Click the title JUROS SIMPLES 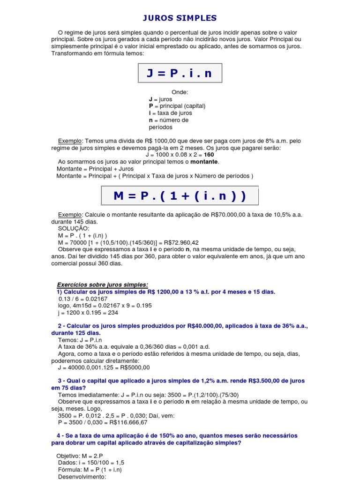pos(180,18)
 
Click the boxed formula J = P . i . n pos(180,73)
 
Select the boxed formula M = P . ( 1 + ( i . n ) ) pos(180,195)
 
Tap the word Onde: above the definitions pos(180,92)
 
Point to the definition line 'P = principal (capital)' pos(177,106)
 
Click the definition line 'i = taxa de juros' pos(170,113)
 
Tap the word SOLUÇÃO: pos(73,228)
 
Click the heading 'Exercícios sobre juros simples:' pos(102,285)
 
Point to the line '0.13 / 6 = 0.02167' pos(83,299)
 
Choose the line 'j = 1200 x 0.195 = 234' pos(88,313)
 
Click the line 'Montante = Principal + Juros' pos(95,169)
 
